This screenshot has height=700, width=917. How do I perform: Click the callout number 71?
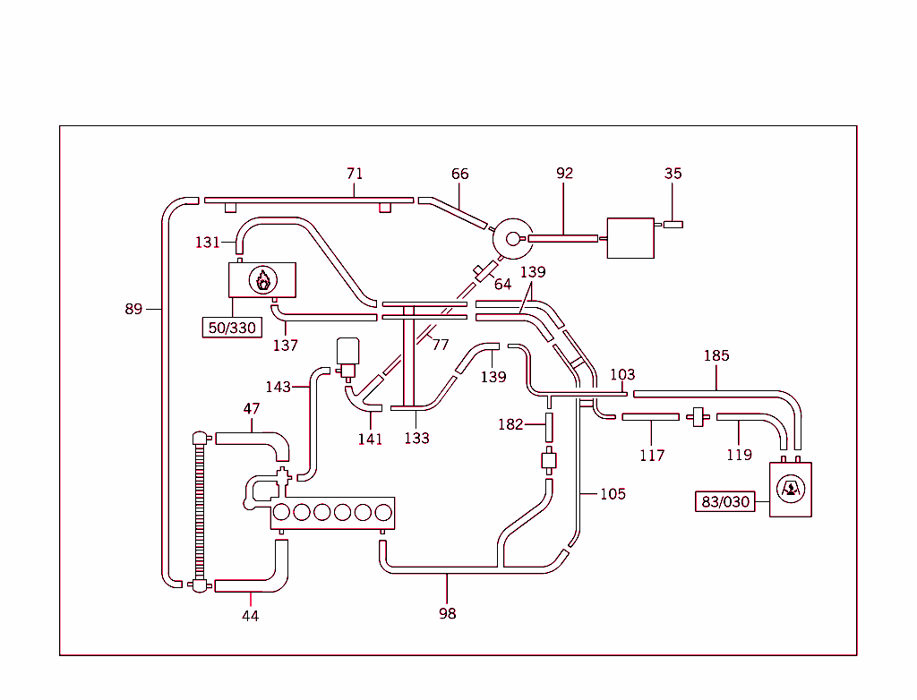(355, 174)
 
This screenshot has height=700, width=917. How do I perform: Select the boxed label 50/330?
(232, 328)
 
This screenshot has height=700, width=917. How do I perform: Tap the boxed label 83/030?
(725, 501)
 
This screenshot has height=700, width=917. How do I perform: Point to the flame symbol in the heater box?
(262, 280)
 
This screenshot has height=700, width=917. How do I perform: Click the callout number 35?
(673, 174)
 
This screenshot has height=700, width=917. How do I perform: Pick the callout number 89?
(133, 309)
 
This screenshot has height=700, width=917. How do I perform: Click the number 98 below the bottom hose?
(448, 613)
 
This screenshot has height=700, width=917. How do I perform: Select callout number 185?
(716, 355)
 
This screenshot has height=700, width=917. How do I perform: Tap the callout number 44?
(251, 616)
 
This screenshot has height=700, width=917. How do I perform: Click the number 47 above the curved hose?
(252, 409)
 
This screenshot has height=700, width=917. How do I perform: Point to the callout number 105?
(613, 493)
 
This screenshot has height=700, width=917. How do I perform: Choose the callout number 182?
(510, 424)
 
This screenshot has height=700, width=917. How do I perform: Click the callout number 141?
(370, 439)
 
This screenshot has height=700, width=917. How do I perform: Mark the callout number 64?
(502, 284)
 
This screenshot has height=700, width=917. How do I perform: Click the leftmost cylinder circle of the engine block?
(281, 512)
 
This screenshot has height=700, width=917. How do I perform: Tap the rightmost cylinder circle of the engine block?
(383, 512)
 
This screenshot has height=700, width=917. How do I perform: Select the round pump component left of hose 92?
(513, 238)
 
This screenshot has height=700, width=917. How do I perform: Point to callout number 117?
(652, 455)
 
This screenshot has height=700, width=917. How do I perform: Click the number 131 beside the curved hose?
(208, 242)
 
